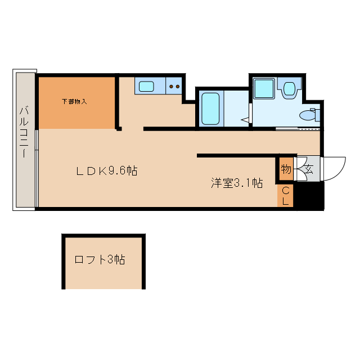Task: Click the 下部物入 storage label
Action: click(74, 102)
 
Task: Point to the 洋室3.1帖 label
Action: click(237, 183)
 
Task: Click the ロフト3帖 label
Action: click(100, 260)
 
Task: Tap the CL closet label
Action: click(285, 196)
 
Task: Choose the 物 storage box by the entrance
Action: click(286, 169)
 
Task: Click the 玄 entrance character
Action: click(309, 169)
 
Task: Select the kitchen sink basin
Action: click(147, 87)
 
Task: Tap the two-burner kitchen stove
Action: click(174, 87)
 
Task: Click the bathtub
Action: click(211, 109)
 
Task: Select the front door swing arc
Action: click(336, 166)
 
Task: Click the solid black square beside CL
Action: click(309, 196)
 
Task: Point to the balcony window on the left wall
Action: click(37, 169)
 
